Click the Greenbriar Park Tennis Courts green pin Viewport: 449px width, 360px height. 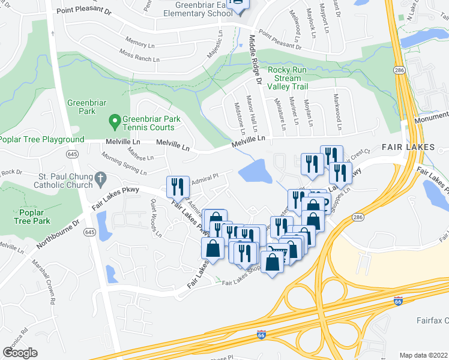tap(115, 123)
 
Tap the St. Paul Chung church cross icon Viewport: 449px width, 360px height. tap(100, 178)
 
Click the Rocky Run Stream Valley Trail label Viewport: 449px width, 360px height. tap(288, 78)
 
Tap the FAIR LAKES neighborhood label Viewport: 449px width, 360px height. tap(403, 147)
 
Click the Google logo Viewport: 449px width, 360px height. tap(19, 353)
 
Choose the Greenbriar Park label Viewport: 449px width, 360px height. tap(82, 107)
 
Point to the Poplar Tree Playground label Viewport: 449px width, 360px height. tap(42, 140)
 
